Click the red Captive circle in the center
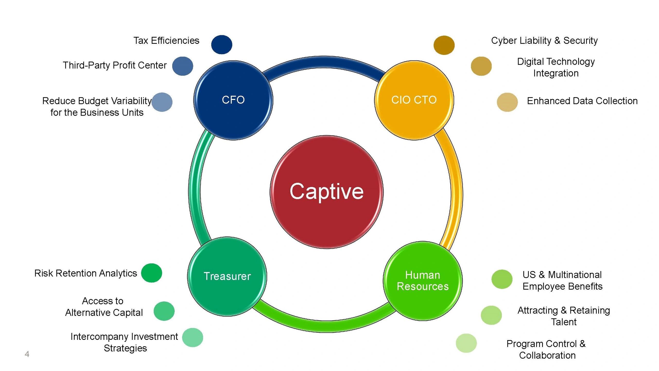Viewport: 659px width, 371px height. pyautogui.click(x=326, y=192)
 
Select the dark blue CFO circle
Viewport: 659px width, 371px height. pyautogui.click(x=233, y=100)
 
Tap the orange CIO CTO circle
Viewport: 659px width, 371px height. pyautogui.click(x=414, y=100)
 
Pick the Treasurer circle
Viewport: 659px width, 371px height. pyautogui.click(x=227, y=276)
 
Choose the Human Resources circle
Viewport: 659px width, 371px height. pyautogui.click(x=423, y=281)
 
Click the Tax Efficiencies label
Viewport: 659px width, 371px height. pyautogui.click(x=166, y=41)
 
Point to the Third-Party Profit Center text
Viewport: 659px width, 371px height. pyautogui.click(x=115, y=65)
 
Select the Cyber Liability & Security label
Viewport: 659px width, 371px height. pyautogui.click(x=544, y=41)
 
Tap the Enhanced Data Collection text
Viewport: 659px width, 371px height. pyautogui.click(x=582, y=101)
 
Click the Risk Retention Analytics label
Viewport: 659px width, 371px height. pyautogui.click(x=86, y=273)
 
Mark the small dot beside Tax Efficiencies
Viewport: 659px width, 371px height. pyautogui.click(x=222, y=45)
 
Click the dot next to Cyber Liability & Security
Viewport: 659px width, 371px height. pyautogui.click(x=444, y=45)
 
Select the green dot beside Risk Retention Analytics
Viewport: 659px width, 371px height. pyautogui.click(x=152, y=273)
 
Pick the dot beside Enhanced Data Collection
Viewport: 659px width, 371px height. pyautogui.click(x=507, y=102)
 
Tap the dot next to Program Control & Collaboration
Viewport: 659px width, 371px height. pyautogui.click(x=466, y=343)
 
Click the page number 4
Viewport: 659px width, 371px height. pyautogui.click(x=27, y=354)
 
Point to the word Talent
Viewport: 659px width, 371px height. pyautogui.click(x=564, y=322)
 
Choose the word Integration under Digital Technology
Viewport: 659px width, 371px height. pyautogui.click(x=556, y=73)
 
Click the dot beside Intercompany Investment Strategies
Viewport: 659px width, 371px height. pyautogui.click(x=193, y=338)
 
